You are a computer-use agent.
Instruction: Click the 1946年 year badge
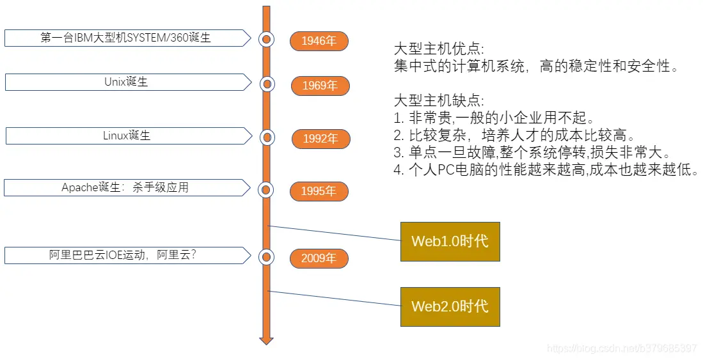(319, 41)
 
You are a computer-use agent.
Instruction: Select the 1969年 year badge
(320, 85)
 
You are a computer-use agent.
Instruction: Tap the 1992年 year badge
(320, 138)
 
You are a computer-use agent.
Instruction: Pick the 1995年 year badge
(319, 191)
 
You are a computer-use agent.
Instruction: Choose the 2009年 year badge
(319, 258)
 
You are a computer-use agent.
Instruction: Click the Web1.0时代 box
(450, 241)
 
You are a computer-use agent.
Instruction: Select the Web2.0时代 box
(450, 306)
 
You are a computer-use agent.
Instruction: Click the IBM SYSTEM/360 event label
(126, 38)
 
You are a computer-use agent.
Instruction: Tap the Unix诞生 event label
(126, 82)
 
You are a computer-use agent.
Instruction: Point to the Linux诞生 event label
(127, 136)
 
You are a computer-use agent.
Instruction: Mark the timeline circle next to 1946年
(267, 39)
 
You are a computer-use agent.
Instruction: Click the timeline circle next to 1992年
(267, 137)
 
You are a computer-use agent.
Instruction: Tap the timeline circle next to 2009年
(267, 257)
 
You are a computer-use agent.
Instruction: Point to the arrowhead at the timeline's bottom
(267, 340)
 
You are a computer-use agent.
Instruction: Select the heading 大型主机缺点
(439, 101)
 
